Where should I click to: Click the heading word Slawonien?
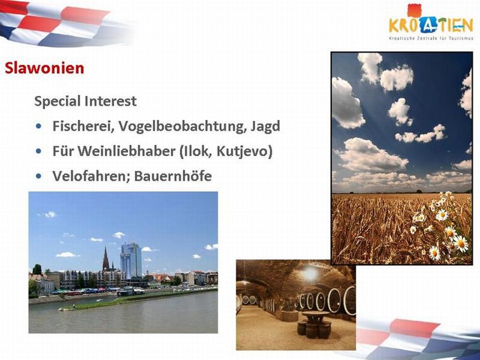click(44, 68)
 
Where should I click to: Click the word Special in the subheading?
click(57, 102)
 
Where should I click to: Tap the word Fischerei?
click(81, 126)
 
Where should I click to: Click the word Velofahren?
click(92, 176)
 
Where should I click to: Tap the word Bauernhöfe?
click(173, 176)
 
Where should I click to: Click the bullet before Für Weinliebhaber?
click(38, 151)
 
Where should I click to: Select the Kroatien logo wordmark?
click(431, 25)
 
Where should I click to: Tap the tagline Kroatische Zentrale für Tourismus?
click(431, 39)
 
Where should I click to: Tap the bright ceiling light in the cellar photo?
click(310, 274)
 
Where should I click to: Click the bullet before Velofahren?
click(38, 176)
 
